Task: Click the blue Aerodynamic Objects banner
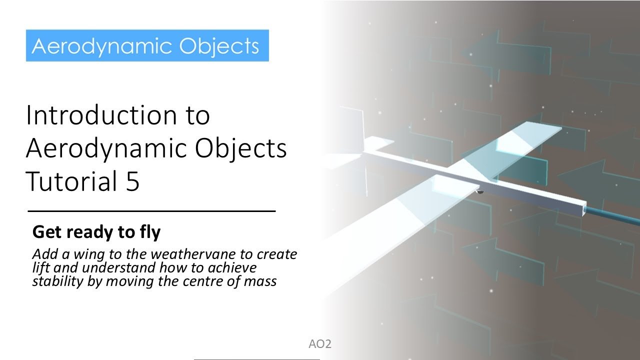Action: [x=147, y=45]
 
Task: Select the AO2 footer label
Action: [x=320, y=344]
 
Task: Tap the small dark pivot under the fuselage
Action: [x=478, y=191]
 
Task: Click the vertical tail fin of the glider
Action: [x=361, y=125]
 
